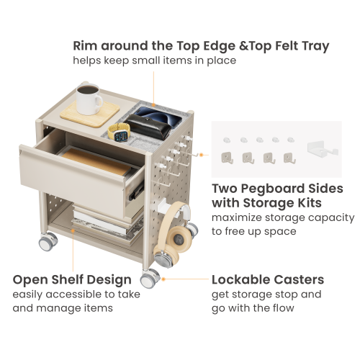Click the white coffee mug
coord(89,99)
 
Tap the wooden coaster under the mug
coord(90,114)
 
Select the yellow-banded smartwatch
coord(120,132)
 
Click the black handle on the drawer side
coord(136,192)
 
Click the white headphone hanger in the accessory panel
coord(323,150)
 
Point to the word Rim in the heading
coord(85,46)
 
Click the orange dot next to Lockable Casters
coord(163,279)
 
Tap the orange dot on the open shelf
coord(73,230)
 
